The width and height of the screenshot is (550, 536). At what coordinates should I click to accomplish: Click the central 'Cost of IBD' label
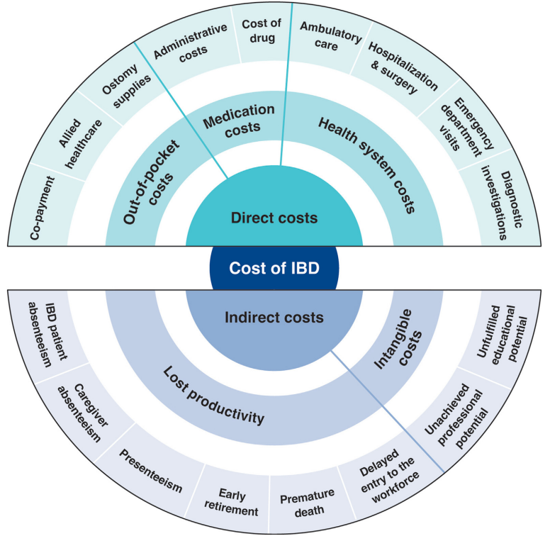(x=274, y=269)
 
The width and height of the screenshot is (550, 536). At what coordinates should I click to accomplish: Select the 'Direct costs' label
(x=274, y=218)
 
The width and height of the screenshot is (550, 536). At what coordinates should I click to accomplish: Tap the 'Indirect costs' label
(x=274, y=318)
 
